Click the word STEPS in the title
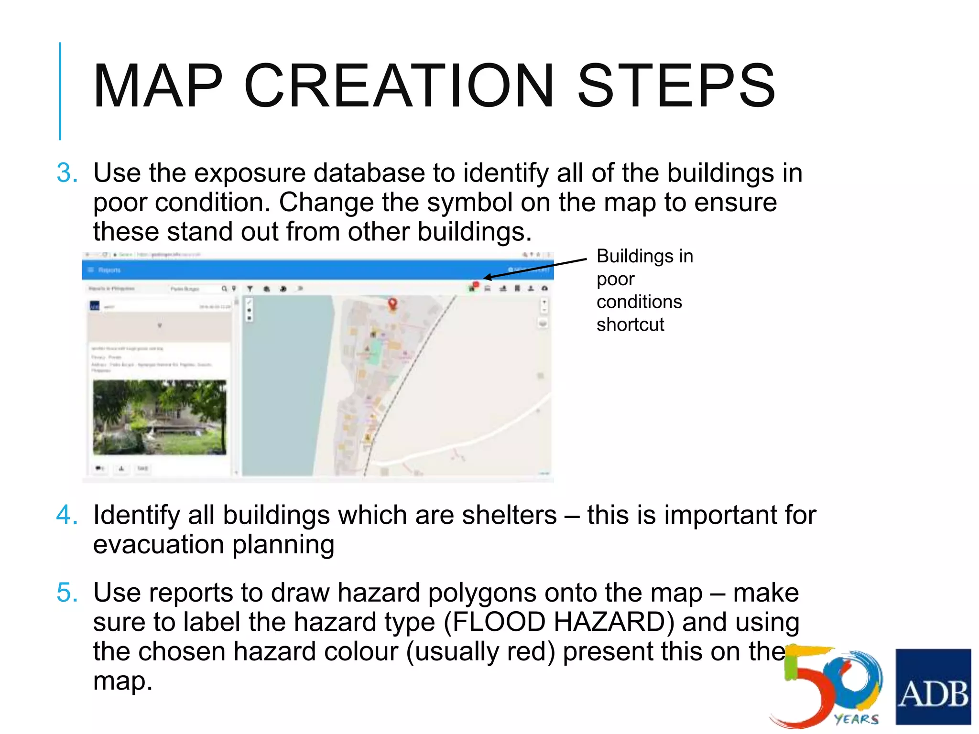click(676, 86)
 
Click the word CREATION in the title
click(399, 86)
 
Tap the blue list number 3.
click(67, 173)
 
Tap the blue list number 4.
click(67, 515)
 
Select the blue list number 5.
click(67, 593)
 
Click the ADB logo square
click(933, 687)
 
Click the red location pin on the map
click(392, 303)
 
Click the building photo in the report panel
click(160, 417)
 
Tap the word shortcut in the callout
click(630, 325)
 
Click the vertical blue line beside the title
click(60, 91)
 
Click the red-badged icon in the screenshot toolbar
click(473, 287)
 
